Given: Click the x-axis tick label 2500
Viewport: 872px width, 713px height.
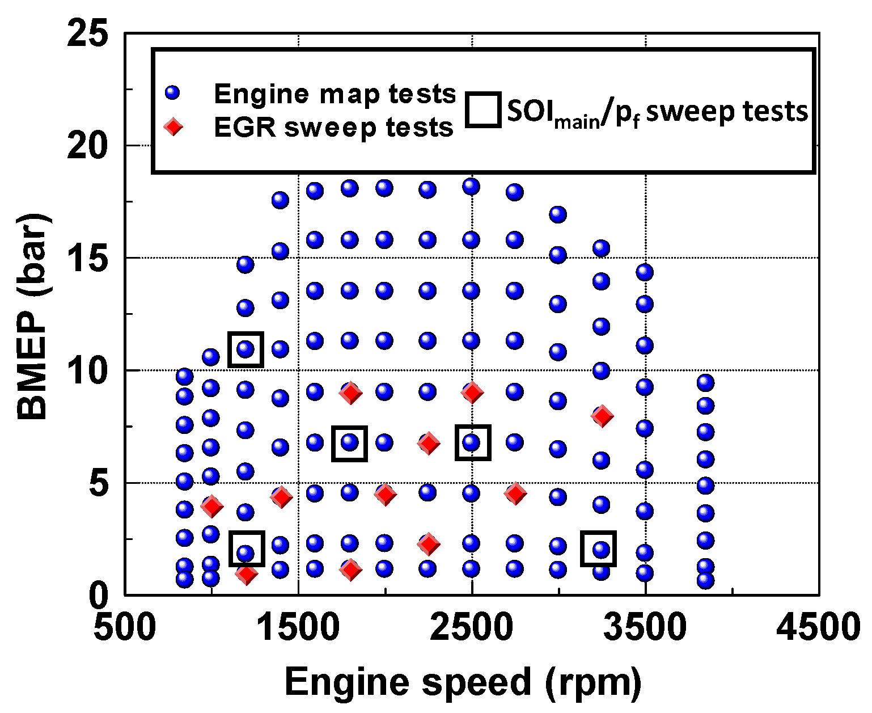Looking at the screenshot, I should (472, 627).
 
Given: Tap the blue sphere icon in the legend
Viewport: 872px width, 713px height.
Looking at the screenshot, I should (172, 92).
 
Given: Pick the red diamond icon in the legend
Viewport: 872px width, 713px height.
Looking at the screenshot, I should (172, 127).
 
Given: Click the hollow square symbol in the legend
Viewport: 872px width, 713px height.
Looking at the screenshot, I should (483, 109).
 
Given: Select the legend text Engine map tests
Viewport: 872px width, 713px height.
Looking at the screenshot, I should (335, 94).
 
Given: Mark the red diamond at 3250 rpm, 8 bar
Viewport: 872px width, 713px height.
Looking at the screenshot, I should (602, 416).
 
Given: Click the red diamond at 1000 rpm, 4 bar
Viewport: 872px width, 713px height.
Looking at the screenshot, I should (211, 506).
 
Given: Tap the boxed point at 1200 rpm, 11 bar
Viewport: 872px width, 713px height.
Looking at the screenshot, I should (245, 349).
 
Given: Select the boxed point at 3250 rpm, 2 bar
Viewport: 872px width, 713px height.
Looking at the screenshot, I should (599, 549).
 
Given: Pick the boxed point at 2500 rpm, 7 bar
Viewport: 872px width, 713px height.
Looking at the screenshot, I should (472, 442).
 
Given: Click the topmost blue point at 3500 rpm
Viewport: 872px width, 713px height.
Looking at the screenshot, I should (644, 272).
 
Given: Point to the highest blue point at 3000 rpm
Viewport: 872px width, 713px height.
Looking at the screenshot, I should (558, 214).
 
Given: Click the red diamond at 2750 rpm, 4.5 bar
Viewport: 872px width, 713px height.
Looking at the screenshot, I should (515, 493).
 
